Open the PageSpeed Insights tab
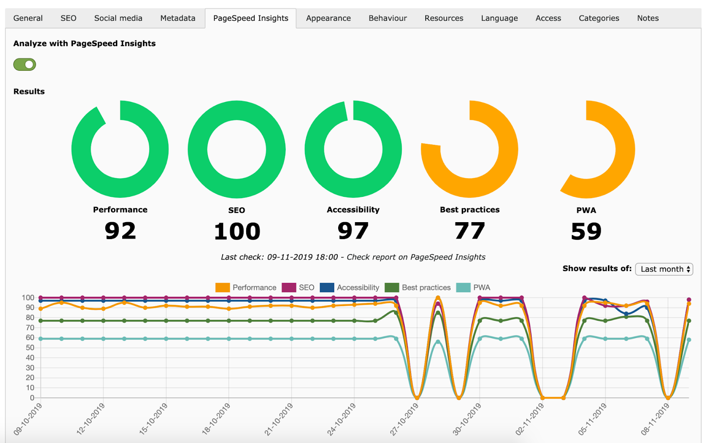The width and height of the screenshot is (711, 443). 251,18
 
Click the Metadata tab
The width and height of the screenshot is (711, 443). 178,18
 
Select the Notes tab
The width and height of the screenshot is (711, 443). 647,18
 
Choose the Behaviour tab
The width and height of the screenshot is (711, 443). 387,18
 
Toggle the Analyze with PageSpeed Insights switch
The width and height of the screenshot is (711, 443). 25,64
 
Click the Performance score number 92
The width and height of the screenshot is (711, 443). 120,231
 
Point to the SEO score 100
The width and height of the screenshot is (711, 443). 237,231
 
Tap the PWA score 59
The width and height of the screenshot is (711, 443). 586,231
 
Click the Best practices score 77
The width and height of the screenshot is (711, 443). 470,231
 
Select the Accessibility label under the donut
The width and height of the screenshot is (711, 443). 353,210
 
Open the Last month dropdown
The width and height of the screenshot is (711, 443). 664,269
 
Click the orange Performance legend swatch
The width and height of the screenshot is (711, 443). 223,288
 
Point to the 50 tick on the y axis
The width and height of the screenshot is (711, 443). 30,348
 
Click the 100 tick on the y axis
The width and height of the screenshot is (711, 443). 28,298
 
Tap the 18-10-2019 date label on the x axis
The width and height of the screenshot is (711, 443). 216,419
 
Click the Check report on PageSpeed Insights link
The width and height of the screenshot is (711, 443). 416,257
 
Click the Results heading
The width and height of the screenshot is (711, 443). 29,92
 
